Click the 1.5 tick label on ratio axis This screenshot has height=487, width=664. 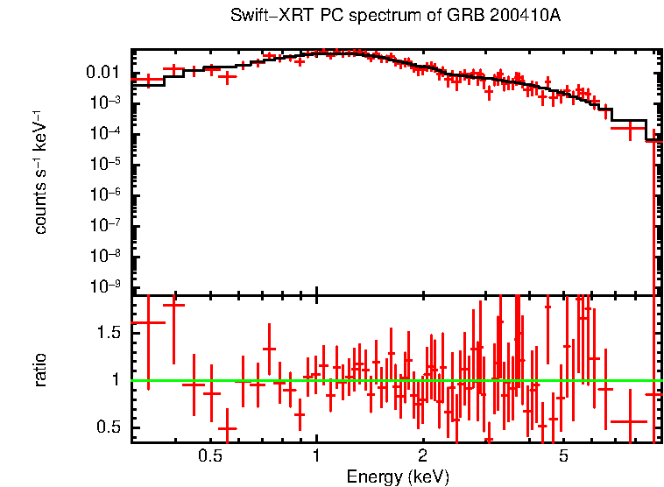tap(109, 332)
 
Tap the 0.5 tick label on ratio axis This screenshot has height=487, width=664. tap(109, 427)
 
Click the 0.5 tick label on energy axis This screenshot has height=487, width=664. tap(209, 455)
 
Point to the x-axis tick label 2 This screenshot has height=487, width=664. tap(422, 455)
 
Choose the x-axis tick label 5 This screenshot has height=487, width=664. tap(563, 455)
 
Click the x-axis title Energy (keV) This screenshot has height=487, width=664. tap(398, 476)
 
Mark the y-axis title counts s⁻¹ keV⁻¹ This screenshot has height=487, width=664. tap(40, 170)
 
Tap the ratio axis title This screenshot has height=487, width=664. tap(40, 370)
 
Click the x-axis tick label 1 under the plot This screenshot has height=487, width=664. tap(316, 455)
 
